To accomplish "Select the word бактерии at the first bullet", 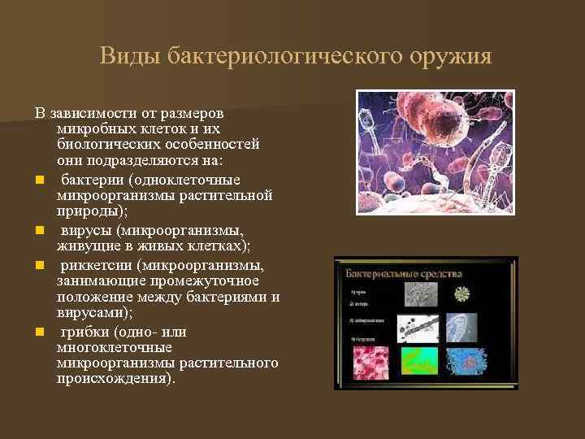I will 91,179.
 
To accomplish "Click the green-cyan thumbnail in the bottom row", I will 418,361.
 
